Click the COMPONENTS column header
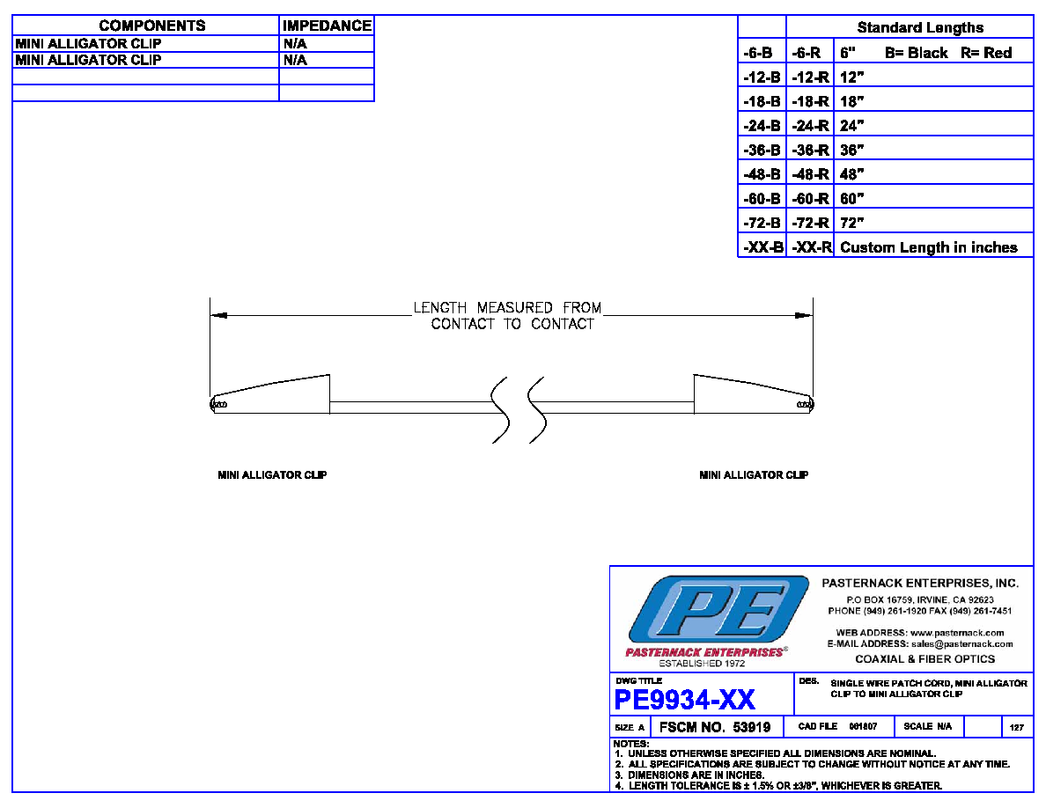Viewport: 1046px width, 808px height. click(152, 26)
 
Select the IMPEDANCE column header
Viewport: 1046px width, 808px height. click(327, 26)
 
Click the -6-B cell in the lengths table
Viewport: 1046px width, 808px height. click(758, 54)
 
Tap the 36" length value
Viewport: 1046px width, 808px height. click(852, 150)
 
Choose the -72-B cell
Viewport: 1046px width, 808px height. click(762, 223)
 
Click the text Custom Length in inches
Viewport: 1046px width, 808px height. click(929, 247)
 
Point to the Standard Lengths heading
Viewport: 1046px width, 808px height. click(920, 27)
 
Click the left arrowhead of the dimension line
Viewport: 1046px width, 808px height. click(219, 315)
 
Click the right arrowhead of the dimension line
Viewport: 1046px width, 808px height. click(804, 315)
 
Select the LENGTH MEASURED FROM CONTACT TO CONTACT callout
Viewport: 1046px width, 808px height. click(508, 316)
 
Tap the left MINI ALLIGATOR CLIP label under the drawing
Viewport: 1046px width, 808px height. click(272, 475)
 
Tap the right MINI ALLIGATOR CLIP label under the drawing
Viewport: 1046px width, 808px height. click(754, 475)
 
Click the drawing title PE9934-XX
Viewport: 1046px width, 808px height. click(684, 700)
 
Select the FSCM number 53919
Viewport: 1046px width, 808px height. click(752, 727)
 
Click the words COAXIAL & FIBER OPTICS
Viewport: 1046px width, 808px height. click(925, 659)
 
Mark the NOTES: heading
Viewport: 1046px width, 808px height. click(631, 744)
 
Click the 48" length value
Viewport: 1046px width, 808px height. click(852, 174)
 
